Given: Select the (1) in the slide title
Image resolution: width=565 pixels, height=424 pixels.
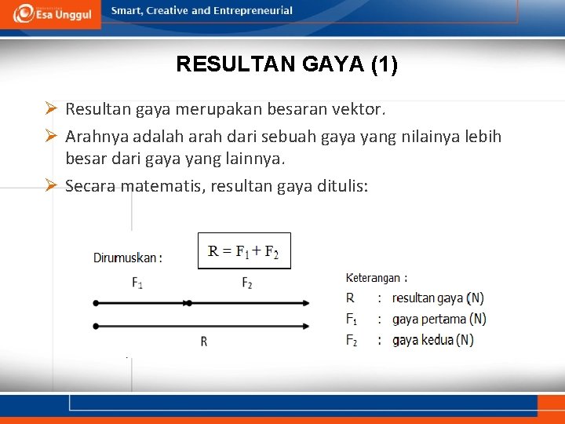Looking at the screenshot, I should pos(383,64).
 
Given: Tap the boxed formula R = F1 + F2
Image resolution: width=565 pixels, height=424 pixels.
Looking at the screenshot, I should pos(244,251).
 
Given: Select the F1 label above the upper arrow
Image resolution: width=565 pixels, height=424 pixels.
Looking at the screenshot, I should pos(137,283).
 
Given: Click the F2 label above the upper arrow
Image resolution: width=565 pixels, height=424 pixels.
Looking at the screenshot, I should pos(246,283).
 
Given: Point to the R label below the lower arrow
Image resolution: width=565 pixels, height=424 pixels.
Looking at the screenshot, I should pos(204,342).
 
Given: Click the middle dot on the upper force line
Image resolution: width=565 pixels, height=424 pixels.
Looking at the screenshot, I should pos(188,302).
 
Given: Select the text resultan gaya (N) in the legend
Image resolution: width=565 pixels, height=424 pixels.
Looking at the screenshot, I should pos(438,298).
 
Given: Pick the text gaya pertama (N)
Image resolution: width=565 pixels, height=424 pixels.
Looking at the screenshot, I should pos(439,319).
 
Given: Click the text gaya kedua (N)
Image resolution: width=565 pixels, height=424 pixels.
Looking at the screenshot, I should pos(432,340).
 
